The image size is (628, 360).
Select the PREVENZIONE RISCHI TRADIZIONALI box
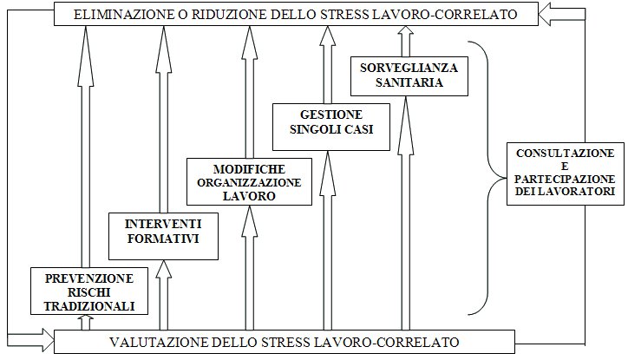[89, 291]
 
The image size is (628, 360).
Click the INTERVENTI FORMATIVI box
[163, 236]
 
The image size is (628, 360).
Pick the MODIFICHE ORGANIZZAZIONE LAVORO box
[249, 182]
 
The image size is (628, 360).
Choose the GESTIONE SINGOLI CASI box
[331, 127]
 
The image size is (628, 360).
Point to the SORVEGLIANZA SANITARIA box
[409, 76]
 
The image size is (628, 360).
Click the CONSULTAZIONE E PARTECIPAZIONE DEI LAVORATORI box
[566, 173]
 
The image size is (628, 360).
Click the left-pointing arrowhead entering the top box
[546, 14]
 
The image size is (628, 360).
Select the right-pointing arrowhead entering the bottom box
[47, 342]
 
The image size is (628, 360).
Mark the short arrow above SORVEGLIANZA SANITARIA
[406, 42]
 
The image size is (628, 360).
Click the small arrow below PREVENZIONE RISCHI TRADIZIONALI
[85, 323]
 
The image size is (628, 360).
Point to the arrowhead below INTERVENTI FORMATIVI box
[163, 270]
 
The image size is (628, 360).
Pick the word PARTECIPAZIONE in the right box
[565, 179]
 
